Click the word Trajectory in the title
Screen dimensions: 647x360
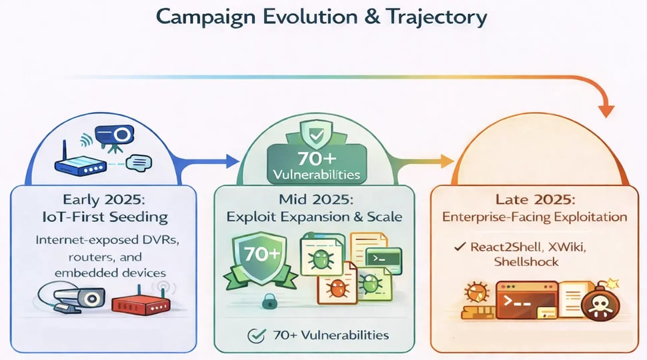437,18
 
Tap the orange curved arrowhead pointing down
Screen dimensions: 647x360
606,111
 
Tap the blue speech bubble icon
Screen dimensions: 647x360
139,163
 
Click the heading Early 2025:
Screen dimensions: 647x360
104,199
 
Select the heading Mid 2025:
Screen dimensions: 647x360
316,199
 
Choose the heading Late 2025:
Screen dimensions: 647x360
535,199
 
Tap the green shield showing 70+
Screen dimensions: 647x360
261,258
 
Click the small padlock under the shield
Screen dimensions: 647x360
269,301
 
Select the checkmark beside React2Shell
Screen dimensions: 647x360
460,247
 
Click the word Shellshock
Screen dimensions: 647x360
526,262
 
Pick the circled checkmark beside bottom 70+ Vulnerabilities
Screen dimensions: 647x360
256,336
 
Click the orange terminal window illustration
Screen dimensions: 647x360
526,301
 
